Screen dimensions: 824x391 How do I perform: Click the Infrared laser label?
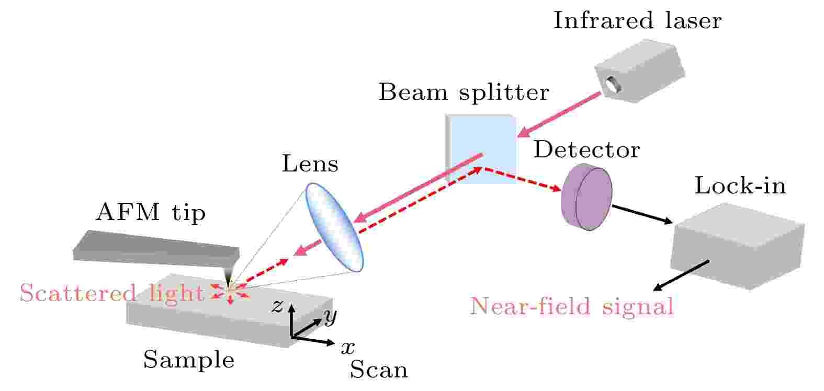click(638, 20)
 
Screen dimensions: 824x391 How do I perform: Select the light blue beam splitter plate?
click(480, 148)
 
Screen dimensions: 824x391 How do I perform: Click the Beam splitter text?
click(464, 92)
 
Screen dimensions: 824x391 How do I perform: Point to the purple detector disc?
click(586, 197)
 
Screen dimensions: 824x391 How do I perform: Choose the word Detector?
click(586, 149)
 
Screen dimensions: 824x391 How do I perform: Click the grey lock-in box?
click(737, 246)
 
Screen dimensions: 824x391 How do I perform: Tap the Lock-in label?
click(740, 186)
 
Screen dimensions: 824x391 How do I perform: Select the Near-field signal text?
click(572, 306)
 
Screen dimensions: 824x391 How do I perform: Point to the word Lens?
click(310, 164)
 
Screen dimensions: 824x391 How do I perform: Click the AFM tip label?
click(151, 212)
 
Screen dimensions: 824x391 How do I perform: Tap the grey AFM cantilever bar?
click(156, 248)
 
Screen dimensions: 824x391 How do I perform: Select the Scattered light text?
click(111, 293)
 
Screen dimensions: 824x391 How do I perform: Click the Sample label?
click(189, 359)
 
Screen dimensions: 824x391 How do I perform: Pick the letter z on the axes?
click(277, 306)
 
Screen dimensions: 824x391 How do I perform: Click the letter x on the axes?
click(347, 347)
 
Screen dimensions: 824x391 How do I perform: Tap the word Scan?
click(379, 370)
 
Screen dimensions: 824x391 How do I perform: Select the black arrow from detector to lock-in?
click(642, 214)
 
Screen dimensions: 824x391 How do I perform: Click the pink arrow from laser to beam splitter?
click(559, 114)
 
